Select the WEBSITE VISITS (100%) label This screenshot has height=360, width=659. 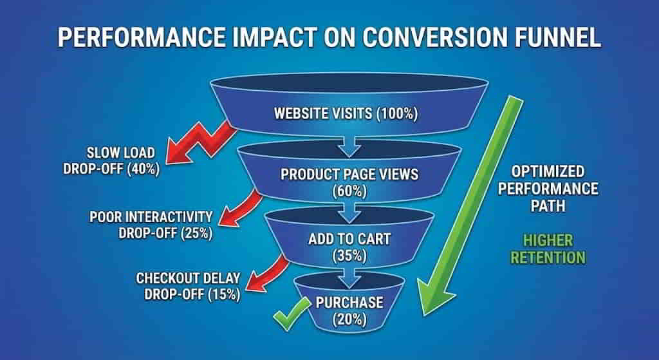pyautogui.click(x=346, y=115)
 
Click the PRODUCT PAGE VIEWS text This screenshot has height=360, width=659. pyautogui.click(x=349, y=174)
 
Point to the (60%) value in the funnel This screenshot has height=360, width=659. pyautogui.click(x=349, y=191)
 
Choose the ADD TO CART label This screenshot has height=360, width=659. pyautogui.click(x=349, y=240)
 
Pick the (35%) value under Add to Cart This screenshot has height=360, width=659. pyautogui.click(x=349, y=256)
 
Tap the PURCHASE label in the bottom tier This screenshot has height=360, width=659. pyautogui.click(x=349, y=303)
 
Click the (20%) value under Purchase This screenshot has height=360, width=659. pyautogui.click(x=349, y=319)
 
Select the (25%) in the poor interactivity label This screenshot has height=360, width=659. pyautogui.click(x=196, y=232)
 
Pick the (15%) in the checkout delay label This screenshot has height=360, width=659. pyautogui.click(x=225, y=294)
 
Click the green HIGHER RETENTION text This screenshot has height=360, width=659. pyautogui.click(x=548, y=249)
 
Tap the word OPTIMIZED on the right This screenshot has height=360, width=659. pyautogui.click(x=548, y=171)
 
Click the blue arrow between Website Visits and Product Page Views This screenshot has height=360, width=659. pyautogui.click(x=349, y=146)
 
